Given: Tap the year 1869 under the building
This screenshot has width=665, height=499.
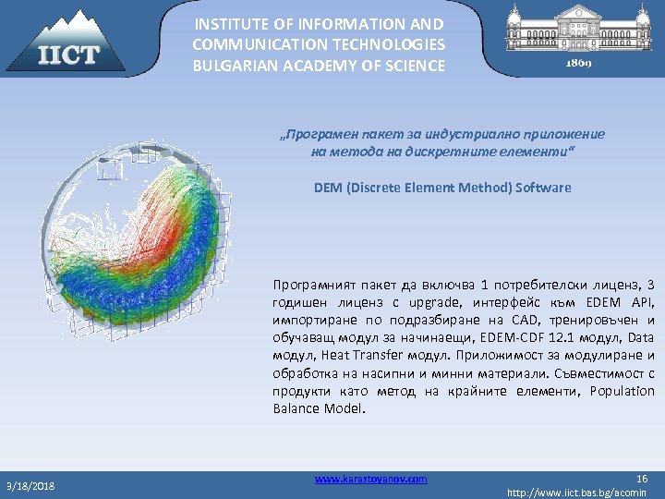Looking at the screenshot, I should point(579,65).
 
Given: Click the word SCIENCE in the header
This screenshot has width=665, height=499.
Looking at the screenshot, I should point(415,66).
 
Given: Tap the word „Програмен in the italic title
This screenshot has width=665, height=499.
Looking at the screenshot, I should point(310,134).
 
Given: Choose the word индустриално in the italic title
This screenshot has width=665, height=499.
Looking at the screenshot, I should point(445,134).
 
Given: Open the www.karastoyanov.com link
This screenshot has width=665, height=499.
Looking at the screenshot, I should point(370,479).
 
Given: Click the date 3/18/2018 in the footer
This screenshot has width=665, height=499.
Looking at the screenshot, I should point(32,485).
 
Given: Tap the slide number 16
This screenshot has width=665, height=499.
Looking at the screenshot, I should point(643,478).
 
